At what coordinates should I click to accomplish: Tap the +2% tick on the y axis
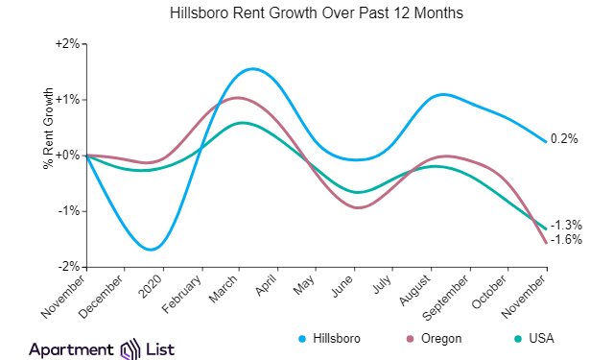click(x=69, y=44)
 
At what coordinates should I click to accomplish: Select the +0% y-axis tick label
click(x=69, y=155)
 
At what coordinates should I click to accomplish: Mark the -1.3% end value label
click(x=567, y=224)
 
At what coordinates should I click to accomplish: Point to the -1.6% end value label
click(x=567, y=239)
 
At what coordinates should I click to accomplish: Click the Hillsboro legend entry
click(x=330, y=338)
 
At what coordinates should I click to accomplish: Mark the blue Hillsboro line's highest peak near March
click(x=252, y=68)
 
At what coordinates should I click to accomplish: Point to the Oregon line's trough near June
click(x=359, y=207)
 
